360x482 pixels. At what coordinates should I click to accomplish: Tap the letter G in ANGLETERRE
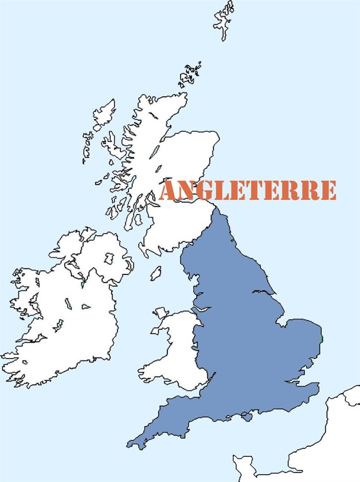[204, 191]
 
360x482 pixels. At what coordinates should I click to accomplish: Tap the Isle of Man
[156, 273]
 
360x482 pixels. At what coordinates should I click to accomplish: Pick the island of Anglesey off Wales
[160, 313]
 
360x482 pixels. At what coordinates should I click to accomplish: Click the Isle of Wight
[245, 417]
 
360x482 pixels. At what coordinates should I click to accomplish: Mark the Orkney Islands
[190, 75]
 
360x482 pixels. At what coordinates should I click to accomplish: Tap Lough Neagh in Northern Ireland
[109, 258]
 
